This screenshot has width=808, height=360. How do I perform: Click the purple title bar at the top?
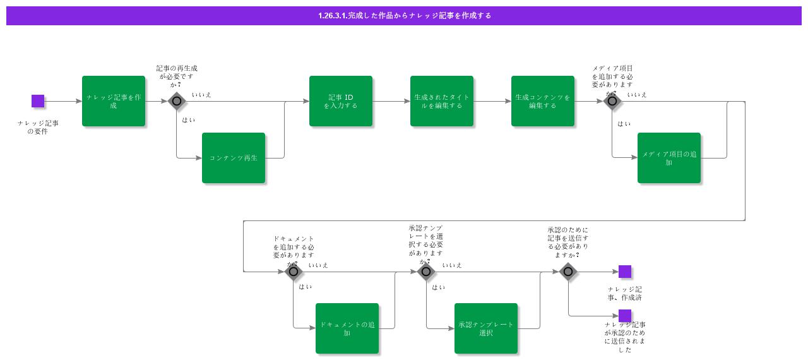tap(404, 16)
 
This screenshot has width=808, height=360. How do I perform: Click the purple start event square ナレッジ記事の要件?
tap(38, 101)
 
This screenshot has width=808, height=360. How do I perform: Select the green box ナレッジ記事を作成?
tap(114, 101)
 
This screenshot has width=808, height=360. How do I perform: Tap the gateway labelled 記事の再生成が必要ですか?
tap(177, 101)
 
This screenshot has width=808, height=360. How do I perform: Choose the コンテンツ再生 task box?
tap(234, 158)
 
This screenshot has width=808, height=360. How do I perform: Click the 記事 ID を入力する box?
tap(341, 101)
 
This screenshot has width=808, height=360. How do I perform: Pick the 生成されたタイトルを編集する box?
tap(442, 101)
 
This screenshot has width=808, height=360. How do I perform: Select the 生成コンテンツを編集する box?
tap(543, 101)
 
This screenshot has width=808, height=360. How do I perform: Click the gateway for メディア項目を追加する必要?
tap(612, 101)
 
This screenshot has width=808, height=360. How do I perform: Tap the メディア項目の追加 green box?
tap(669, 158)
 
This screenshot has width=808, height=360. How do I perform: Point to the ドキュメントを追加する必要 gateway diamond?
tap(294, 272)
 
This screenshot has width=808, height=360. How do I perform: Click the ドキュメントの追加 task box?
tap(347, 328)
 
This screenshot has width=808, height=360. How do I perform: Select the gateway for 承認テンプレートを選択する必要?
tap(426, 272)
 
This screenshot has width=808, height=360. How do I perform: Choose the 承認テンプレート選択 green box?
tap(486, 328)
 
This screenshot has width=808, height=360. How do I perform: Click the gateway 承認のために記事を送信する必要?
tap(568, 272)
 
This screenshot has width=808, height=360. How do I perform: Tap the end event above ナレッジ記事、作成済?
tap(625, 272)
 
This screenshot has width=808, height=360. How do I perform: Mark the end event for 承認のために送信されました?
tap(625, 316)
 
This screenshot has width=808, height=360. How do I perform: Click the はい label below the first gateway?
tap(189, 120)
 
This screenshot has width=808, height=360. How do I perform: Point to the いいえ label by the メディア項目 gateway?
tap(637, 95)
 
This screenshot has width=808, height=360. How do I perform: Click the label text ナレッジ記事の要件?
tap(38, 127)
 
